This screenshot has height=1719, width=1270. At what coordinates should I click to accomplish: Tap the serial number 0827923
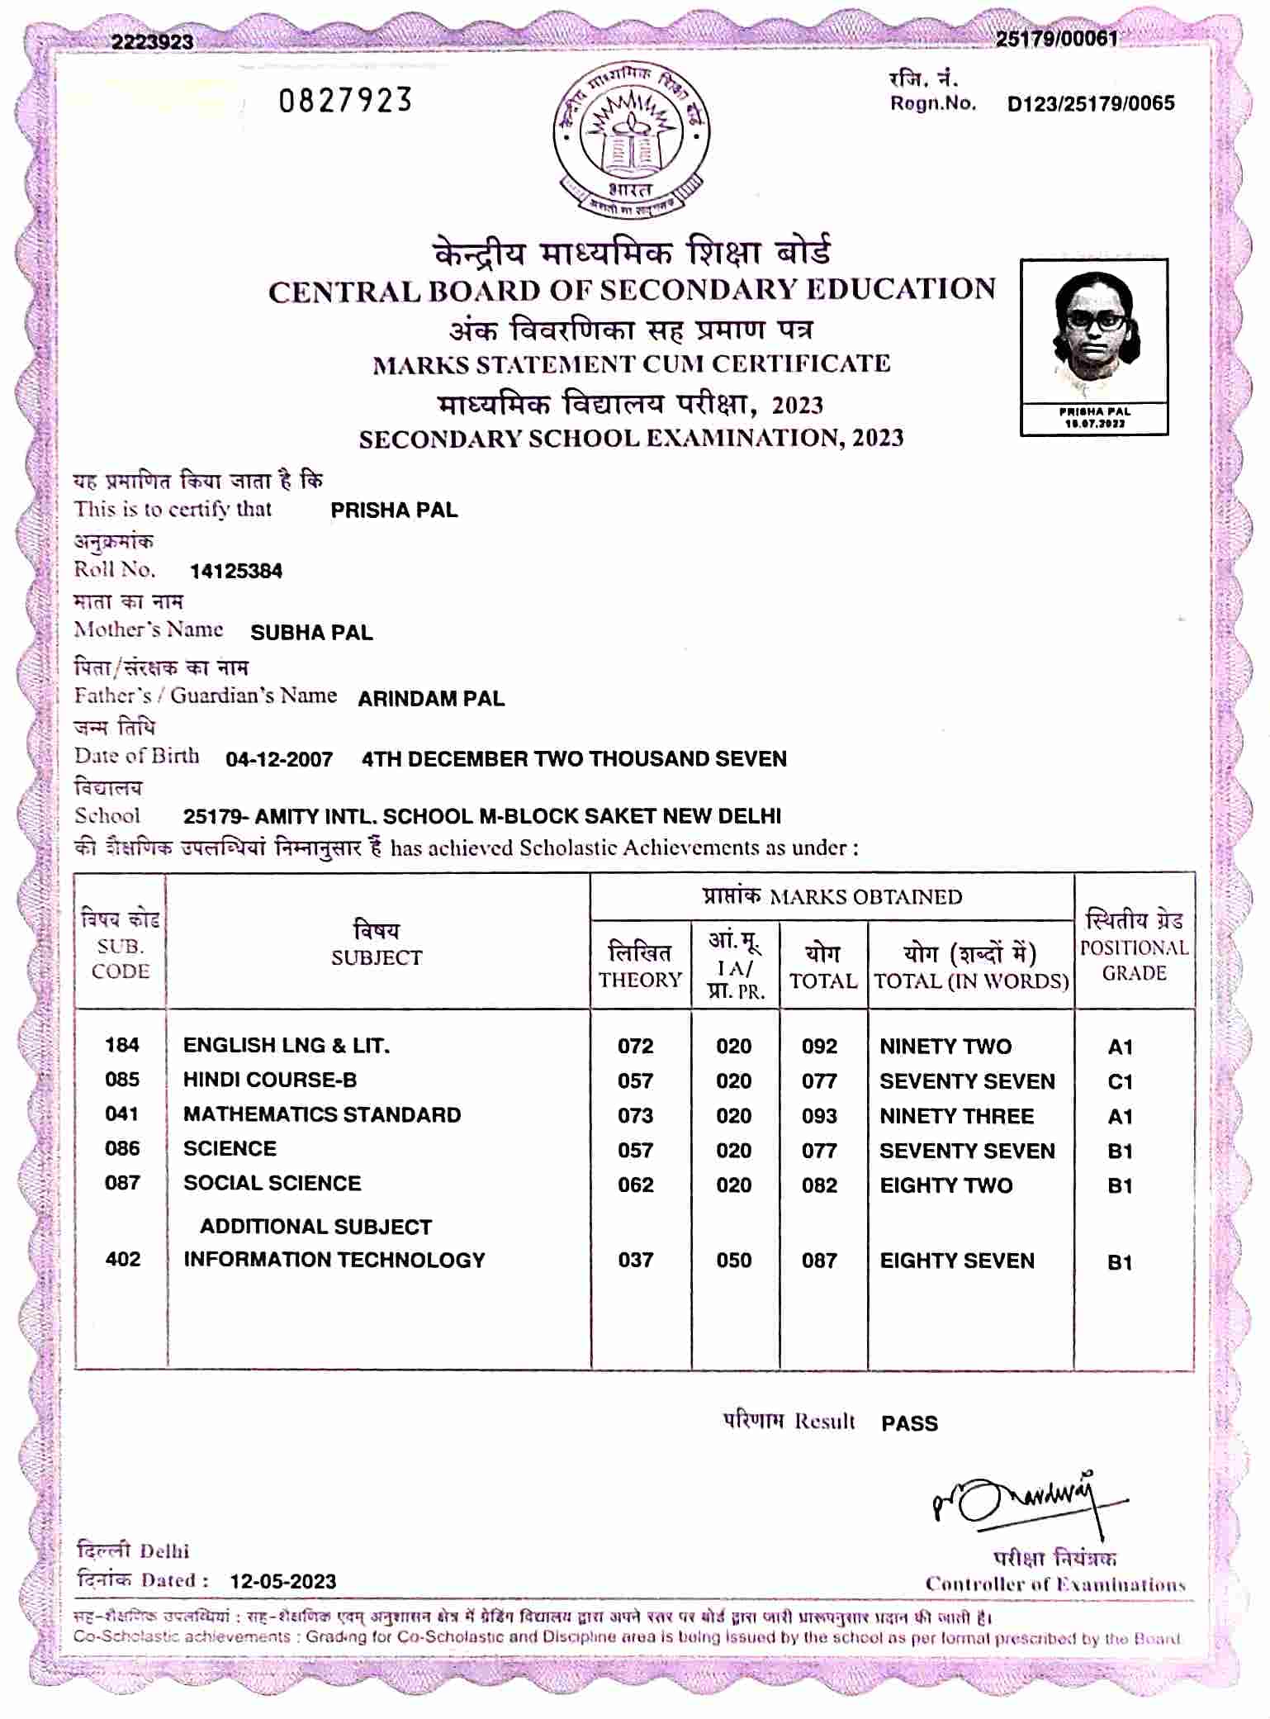[x=344, y=101]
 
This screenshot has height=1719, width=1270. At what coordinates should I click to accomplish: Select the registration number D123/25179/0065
[x=1090, y=104]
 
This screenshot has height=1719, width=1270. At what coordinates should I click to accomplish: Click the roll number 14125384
[x=236, y=571]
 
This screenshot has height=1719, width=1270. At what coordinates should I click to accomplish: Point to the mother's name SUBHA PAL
[x=311, y=633]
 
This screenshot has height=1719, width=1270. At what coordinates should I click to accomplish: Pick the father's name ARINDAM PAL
[x=431, y=699]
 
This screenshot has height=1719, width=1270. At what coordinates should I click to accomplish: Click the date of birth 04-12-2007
[x=279, y=759]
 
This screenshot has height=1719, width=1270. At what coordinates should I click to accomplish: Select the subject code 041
[x=122, y=1114]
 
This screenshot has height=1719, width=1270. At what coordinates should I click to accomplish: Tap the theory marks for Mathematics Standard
[x=635, y=1116]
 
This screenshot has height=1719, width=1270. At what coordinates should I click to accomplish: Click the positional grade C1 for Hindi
[x=1120, y=1081]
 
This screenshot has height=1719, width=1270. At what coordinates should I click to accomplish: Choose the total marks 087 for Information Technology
[x=819, y=1261]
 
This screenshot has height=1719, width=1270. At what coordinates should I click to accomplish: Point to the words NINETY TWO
[x=945, y=1047]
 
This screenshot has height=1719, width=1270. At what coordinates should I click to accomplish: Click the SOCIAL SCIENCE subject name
[x=272, y=1183]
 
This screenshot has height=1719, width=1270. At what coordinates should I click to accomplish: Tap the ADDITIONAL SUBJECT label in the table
[x=315, y=1227]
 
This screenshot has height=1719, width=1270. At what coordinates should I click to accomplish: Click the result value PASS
[x=909, y=1423]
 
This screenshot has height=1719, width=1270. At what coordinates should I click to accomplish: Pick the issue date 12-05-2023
[x=283, y=1581]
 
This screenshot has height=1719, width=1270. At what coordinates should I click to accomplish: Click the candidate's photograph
[x=1093, y=335]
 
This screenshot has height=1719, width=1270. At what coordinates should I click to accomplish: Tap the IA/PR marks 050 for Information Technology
[x=733, y=1261]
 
